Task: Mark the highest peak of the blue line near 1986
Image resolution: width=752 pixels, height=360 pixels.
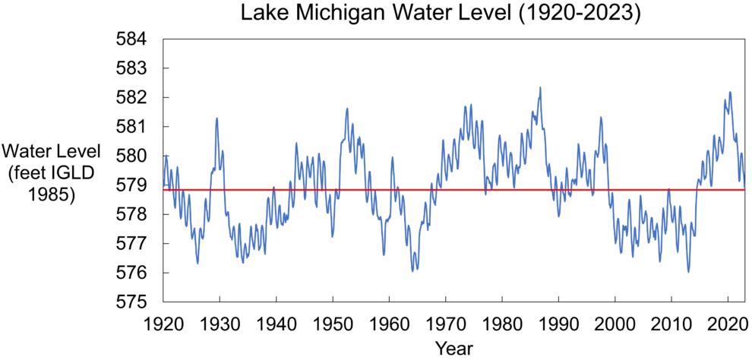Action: (x=540, y=87)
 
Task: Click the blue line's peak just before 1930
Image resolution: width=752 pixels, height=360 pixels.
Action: (x=217, y=118)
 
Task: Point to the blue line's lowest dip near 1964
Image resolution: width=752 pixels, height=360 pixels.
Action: (x=413, y=271)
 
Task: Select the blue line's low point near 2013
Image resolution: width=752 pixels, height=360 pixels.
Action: (x=688, y=272)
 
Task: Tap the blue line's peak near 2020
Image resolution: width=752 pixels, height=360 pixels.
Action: (x=730, y=93)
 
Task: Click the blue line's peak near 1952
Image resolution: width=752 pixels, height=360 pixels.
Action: (x=347, y=108)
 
